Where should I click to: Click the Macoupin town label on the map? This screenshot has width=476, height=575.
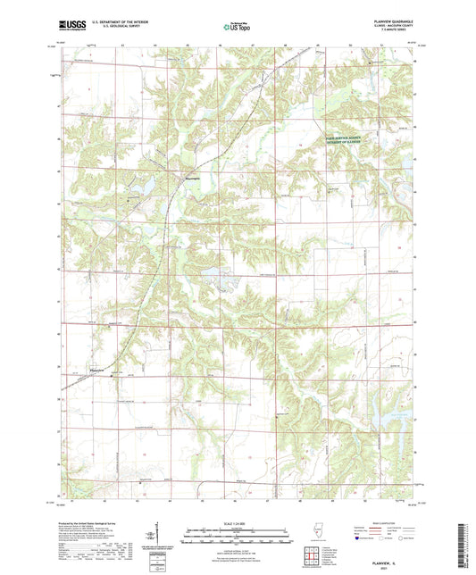[x=192, y=177]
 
